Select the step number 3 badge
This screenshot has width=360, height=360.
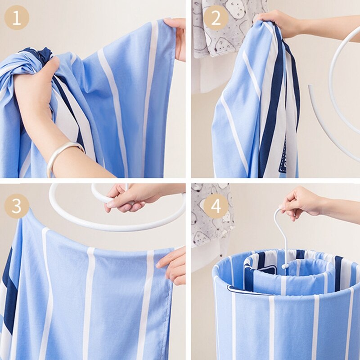tap(17, 206)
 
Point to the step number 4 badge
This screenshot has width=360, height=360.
tap(216, 206)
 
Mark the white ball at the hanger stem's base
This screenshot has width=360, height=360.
tap(284, 266)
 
